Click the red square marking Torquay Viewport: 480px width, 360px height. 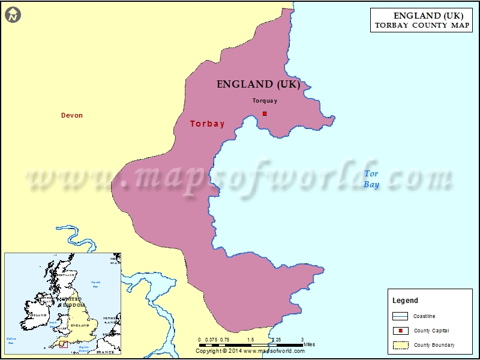click(x=265, y=113)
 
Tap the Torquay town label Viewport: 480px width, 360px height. click(x=265, y=101)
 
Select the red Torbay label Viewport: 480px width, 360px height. click(x=207, y=124)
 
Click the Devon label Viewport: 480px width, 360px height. click(x=72, y=115)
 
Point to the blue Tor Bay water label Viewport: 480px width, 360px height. click(x=372, y=179)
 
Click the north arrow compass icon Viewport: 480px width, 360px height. click(x=13, y=15)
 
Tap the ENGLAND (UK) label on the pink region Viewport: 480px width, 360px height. click(x=258, y=85)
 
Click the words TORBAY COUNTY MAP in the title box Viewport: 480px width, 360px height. click(x=422, y=25)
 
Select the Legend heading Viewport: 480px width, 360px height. click(x=405, y=301)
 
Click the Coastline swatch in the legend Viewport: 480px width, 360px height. click(x=400, y=316)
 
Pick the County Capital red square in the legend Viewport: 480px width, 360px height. click(x=400, y=331)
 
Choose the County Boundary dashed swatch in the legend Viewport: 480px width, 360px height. click(x=400, y=345)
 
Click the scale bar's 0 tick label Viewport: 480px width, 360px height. click(x=199, y=340)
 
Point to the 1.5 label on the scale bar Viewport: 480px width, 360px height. click(x=251, y=340)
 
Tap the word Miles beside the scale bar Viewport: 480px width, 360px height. click(x=308, y=344)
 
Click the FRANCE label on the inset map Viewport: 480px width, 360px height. click(x=106, y=352)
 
